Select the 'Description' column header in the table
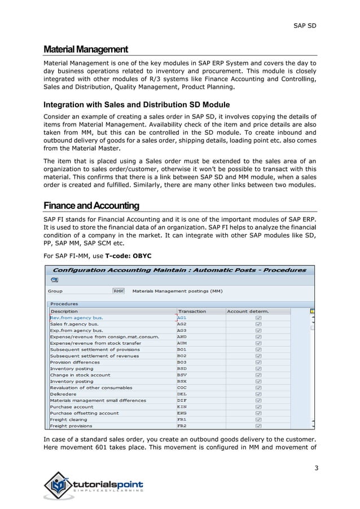(64, 311)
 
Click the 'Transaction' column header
(192, 311)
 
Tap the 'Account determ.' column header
(247, 311)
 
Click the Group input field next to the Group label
(118, 291)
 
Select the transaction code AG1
(182, 317)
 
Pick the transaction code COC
(182, 388)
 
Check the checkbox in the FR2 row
(258, 425)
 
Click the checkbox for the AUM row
(258, 343)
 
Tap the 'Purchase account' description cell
(72, 406)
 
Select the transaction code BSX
(182, 381)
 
